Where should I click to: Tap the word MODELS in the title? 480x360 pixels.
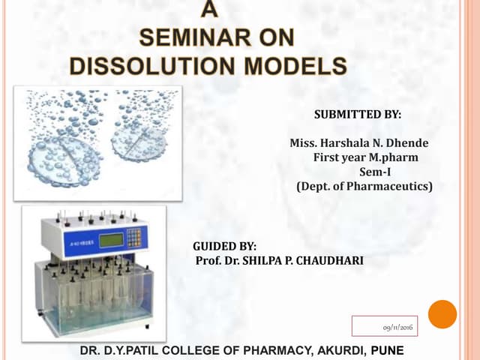point(292,64)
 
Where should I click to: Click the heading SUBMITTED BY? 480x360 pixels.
point(357,115)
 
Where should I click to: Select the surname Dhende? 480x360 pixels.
point(406,143)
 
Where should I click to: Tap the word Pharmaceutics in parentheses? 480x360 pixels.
point(392,186)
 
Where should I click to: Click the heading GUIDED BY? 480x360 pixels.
point(225,246)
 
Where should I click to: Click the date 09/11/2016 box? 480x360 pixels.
point(386,327)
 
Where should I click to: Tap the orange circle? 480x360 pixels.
point(442,314)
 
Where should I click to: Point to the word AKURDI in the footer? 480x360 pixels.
point(332,350)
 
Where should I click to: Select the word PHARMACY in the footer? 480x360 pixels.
point(259,350)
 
